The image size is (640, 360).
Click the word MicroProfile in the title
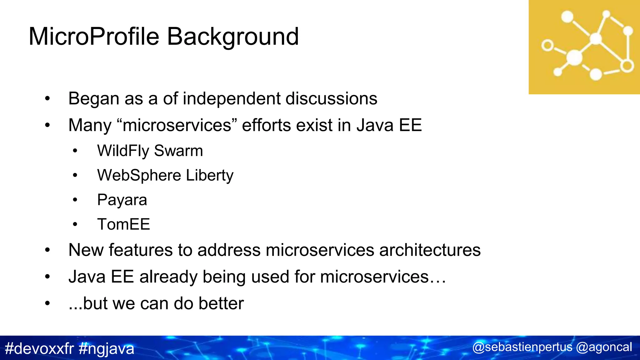click(94, 37)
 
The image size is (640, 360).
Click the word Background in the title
click(233, 37)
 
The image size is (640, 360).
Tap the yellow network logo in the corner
click(584, 47)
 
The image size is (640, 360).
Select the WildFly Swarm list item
click(150, 151)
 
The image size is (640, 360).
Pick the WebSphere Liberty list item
click(165, 175)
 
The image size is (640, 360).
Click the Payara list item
click(122, 200)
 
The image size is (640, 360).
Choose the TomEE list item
click(123, 224)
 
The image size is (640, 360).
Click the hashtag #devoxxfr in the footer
click(39, 348)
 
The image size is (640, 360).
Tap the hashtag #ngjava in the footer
click(107, 348)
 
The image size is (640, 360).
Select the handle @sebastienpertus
click(522, 347)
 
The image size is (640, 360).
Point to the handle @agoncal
click(604, 347)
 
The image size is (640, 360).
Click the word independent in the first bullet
click(232, 98)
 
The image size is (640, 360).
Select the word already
click(168, 277)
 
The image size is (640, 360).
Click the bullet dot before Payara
click(75, 200)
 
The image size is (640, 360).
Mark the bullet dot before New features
click(47, 250)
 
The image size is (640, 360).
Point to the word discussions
click(331, 98)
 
